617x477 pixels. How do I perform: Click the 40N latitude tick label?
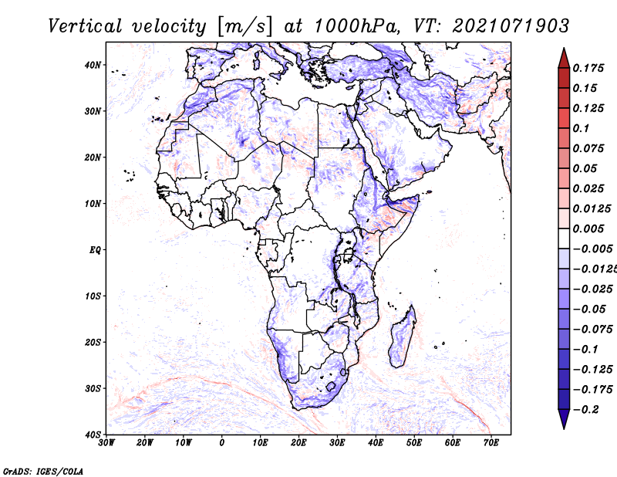(x=93, y=65)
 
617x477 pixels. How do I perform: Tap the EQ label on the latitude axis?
(x=95, y=250)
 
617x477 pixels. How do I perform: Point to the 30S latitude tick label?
(x=93, y=389)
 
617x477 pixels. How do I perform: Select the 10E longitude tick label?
(x=260, y=443)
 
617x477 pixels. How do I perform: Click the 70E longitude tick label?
(x=491, y=443)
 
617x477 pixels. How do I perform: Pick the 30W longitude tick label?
(x=106, y=443)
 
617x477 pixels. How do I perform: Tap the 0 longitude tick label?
(x=222, y=443)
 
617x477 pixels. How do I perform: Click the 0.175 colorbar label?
(x=588, y=68)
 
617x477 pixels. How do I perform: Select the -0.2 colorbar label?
(x=586, y=410)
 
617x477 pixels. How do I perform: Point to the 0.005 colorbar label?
(x=588, y=228)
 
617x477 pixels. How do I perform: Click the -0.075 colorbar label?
(x=593, y=330)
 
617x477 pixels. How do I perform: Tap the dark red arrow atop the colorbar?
(x=564, y=59)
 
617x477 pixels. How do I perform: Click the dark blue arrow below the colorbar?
(x=564, y=419)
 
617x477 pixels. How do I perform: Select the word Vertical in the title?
(x=85, y=26)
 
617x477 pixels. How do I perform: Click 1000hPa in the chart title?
(x=357, y=26)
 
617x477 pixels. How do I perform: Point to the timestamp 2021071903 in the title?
(x=511, y=26)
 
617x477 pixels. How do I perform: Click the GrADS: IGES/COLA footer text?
(x=43, y=471)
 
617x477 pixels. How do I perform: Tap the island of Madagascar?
(x=403, y=337)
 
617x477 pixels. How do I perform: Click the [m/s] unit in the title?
(x=244, y=27)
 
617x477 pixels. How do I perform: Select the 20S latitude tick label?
(x=93, y=342)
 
